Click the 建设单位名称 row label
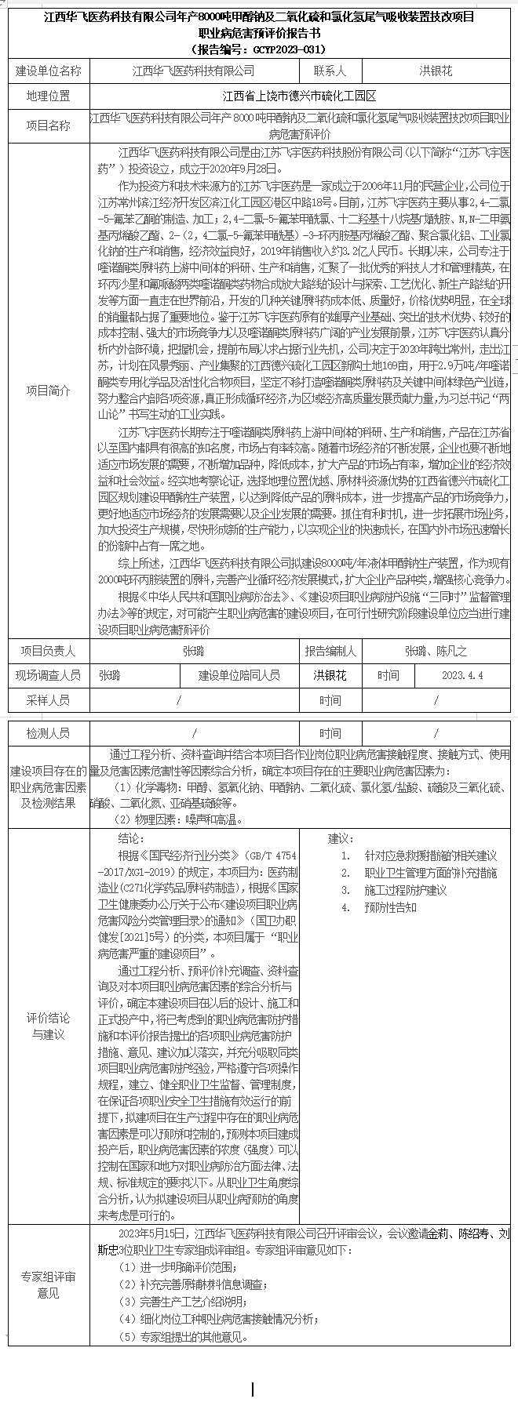[49, 71]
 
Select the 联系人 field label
[330, 71]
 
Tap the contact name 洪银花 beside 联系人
[436, 71]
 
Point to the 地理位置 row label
[49, 96]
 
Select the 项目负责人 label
[49, 651]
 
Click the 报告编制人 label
[330, 651]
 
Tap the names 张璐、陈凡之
[436, 651]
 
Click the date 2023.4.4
[462, 675]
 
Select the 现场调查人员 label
[49, 675]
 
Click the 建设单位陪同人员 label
[239, 675]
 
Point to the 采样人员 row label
[49, 699]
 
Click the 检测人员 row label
[49, 733]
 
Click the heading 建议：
[341, 837]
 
